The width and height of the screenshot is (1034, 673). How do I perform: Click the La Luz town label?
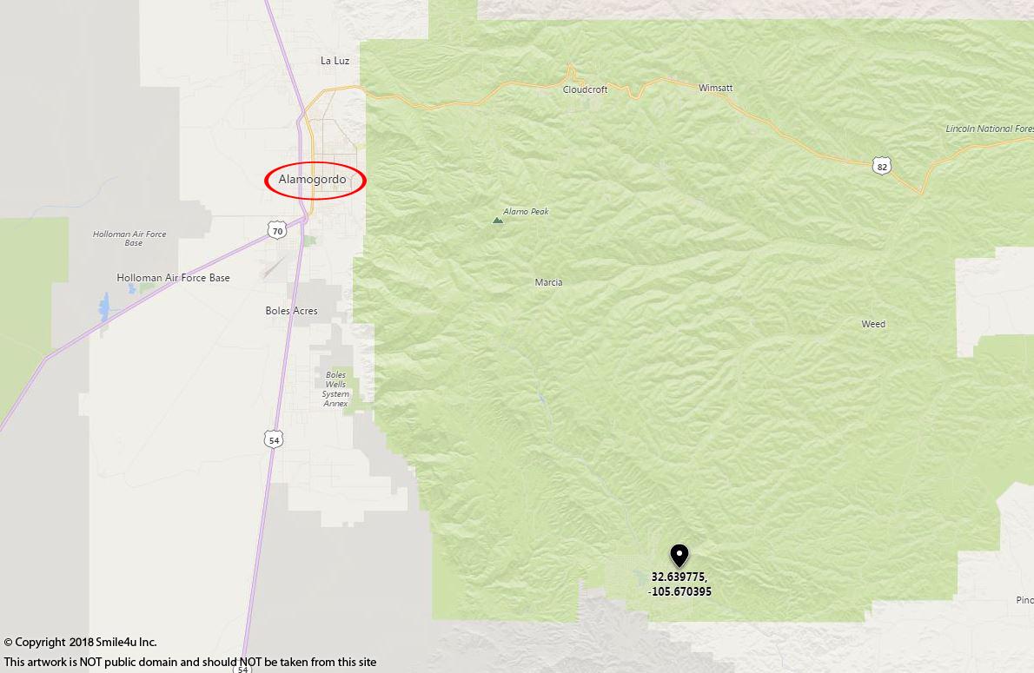click(335, 61)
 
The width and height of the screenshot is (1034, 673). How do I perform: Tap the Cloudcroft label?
click(585, 89)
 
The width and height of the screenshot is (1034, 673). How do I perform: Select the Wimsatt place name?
click(715, 88)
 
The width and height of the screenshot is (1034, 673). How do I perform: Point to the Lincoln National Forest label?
click(989, 129)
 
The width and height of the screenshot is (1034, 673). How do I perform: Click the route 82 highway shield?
click(882, 166)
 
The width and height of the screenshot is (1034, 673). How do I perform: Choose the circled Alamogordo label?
click(313, 180)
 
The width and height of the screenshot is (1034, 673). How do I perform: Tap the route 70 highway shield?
click(276, 229)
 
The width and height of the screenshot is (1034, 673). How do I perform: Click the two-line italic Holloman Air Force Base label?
click(129, 239)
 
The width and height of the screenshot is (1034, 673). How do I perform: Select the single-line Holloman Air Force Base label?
click(173, 278)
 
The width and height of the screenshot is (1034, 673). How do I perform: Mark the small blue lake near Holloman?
click(105, 307)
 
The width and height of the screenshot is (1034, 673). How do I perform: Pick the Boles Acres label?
click(291, 311)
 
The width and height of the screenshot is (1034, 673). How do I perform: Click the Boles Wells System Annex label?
click(335, 389)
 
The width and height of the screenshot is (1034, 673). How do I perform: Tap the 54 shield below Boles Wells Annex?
click(275, 440)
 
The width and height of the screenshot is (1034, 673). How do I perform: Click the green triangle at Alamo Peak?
click(498, 221)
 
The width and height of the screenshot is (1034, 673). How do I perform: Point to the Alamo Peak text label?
click(527, 212)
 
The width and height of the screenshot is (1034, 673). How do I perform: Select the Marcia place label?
click(548, 282)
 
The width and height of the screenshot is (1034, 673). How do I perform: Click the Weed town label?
click(873, 324)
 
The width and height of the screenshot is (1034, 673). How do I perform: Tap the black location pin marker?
click(679, 555)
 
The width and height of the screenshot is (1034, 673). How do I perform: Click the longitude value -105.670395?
click(679, 592)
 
